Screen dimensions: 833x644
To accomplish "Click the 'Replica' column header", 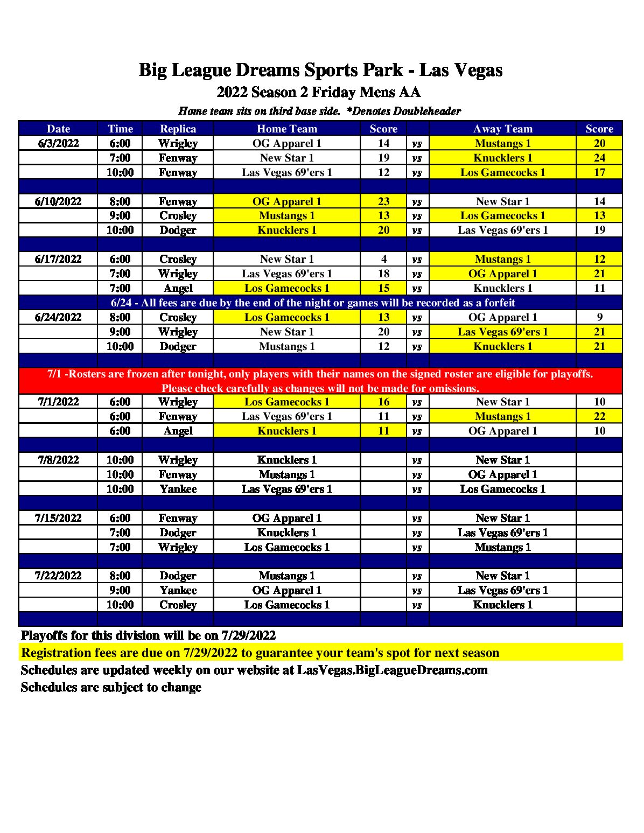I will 178,129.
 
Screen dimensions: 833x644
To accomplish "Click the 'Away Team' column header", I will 502,129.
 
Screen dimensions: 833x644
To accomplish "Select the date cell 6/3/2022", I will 58,143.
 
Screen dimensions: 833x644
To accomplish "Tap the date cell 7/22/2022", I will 58,576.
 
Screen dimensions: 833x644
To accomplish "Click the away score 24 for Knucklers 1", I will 599,158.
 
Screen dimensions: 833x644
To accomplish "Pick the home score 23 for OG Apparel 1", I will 383,201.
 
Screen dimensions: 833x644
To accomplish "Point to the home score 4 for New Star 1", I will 383,259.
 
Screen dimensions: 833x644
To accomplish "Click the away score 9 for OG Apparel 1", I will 599,317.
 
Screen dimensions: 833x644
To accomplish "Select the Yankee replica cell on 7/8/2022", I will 178,489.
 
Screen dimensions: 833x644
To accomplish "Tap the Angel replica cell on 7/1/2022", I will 178,431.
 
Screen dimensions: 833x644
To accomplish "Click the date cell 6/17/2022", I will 58,259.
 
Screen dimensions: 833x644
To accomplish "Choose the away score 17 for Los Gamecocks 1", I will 599,172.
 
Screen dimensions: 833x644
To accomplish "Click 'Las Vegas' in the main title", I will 461,70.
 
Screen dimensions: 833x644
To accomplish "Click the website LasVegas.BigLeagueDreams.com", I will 392,670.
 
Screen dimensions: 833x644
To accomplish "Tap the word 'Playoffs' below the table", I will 44,636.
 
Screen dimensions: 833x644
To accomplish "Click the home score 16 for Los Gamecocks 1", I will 383,402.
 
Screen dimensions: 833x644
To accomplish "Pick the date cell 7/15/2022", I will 58,518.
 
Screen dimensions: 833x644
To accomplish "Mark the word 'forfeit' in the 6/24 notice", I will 494,303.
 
